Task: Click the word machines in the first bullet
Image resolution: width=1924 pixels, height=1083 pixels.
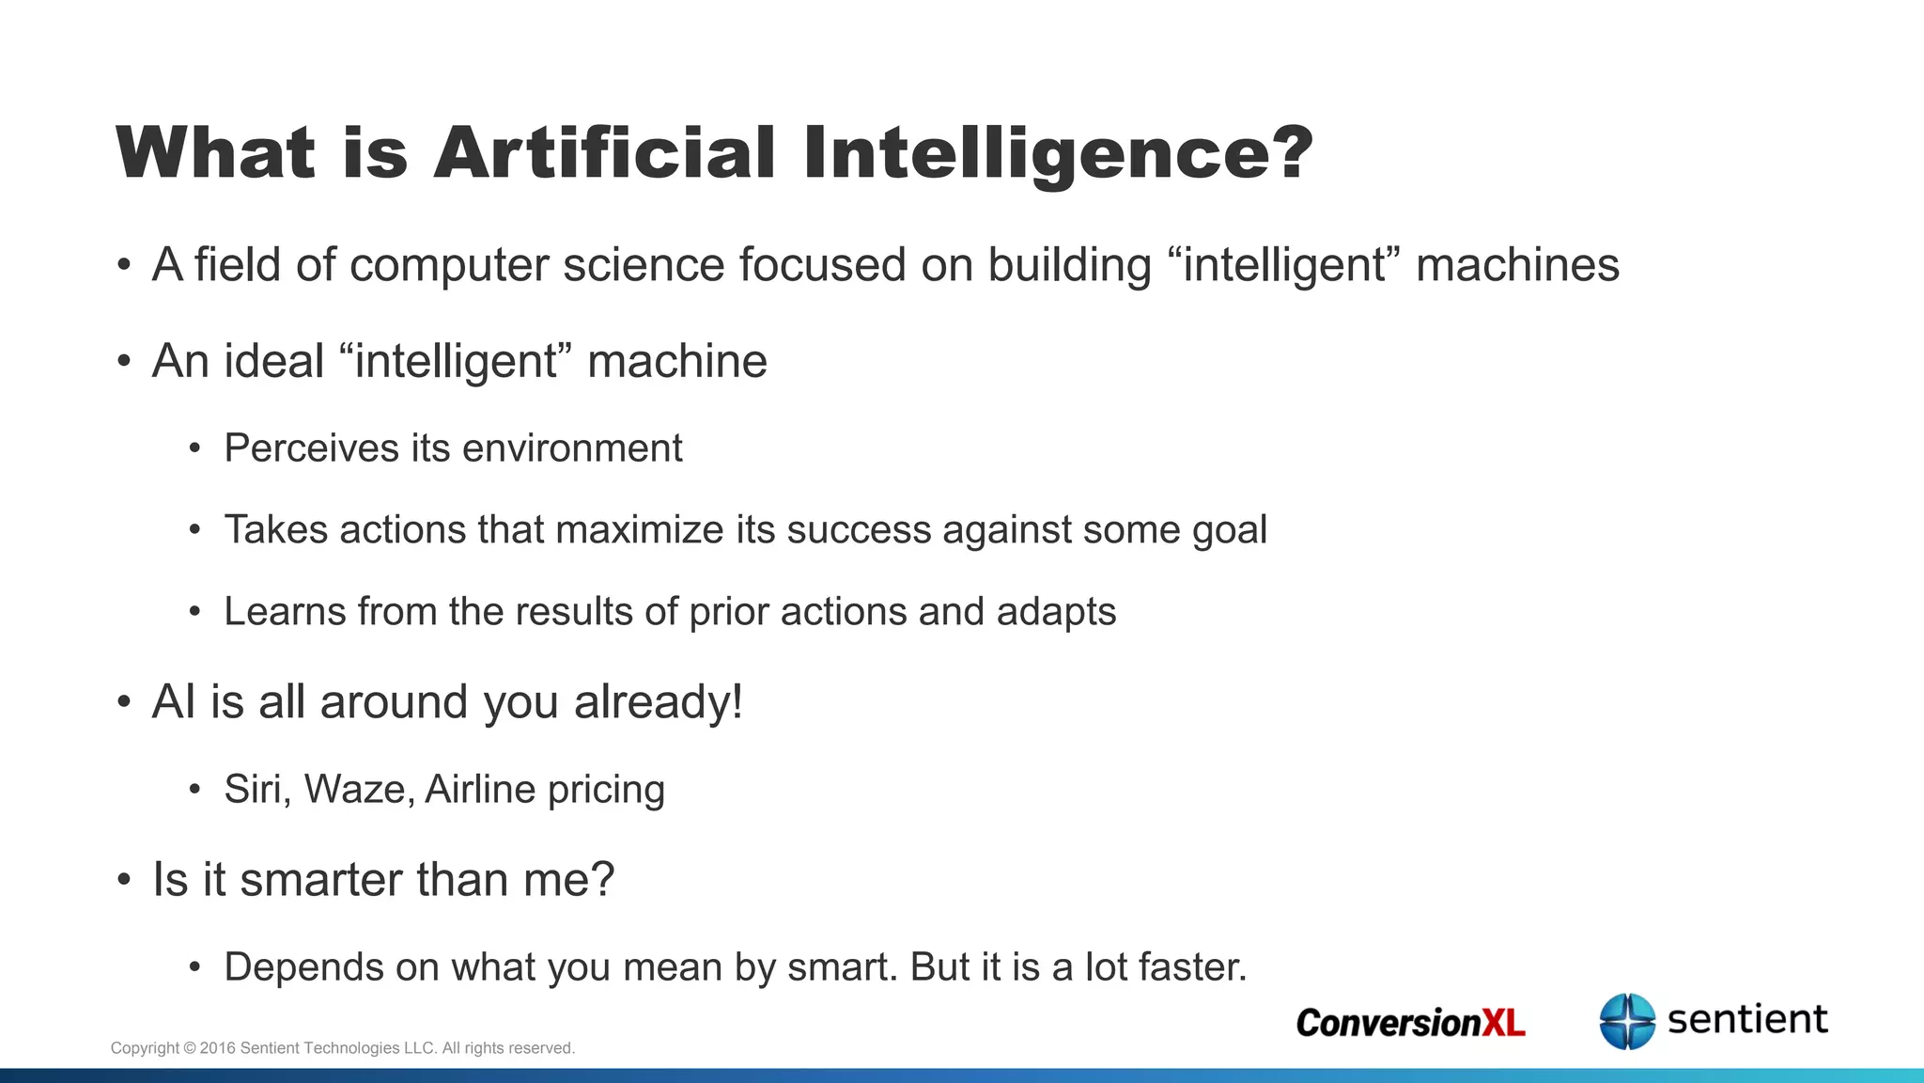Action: (1517, 265)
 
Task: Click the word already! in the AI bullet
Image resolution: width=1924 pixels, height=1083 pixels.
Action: (659, 702)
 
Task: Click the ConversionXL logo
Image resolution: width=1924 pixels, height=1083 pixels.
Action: (1410, 1023)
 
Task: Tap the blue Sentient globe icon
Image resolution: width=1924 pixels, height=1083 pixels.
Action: (1627, 1021)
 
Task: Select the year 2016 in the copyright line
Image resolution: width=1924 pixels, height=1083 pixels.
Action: (217, 1048)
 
